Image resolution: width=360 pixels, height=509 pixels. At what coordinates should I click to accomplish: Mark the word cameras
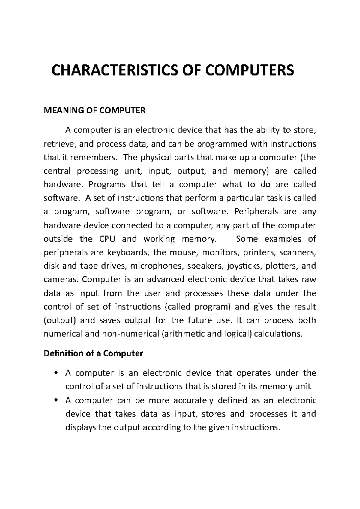61,280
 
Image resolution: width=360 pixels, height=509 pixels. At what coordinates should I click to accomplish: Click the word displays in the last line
81,427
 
